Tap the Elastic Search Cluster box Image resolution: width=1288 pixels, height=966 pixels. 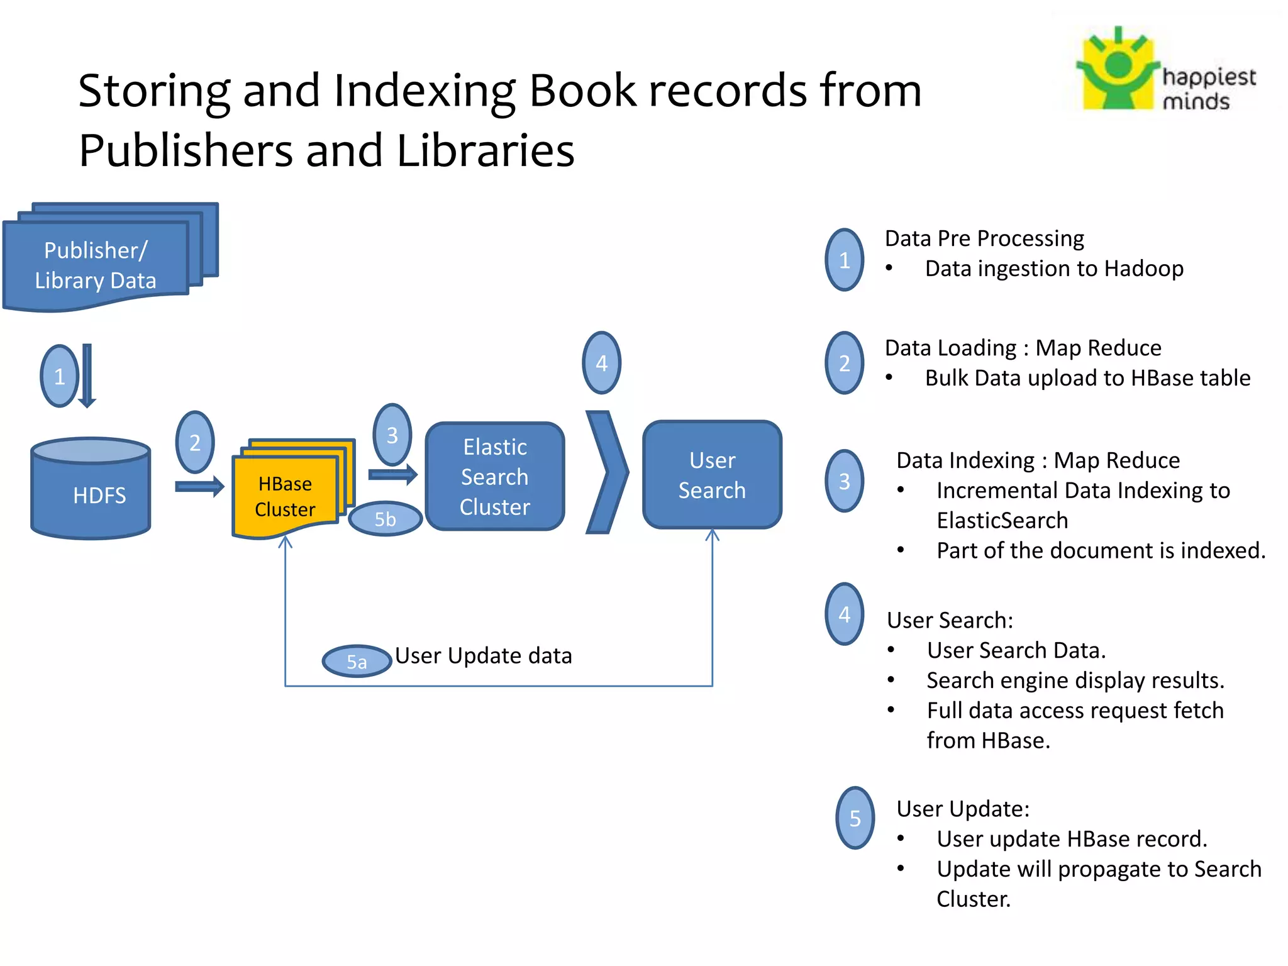pyautogui.click(x=495, y=476)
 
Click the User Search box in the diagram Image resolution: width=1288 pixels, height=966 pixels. pyautogui.click(x=712, y=475)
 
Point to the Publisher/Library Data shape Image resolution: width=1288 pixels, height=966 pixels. pyautogui.click(x=96, y=264)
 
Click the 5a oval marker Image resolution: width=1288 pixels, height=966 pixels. pyautogui.click(x=357, y=661)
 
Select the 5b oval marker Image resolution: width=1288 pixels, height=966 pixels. pyautogui.click(x=385, y=519)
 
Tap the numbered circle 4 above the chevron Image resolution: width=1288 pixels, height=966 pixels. pyautogui.click(x=601, y=363)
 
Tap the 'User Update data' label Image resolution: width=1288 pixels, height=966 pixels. pyautogui.click(x=483, y=655)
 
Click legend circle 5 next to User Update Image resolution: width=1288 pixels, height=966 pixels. pyautogui.click(x=855, y=818)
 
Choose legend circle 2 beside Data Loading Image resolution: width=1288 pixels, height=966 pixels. pyautogui.click(x=844, y=363)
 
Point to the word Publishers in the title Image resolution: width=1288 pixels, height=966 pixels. pyautogui.click(x=186, y=151)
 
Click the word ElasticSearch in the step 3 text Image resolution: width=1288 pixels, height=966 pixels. pyautogui.click(x=1002, y=520)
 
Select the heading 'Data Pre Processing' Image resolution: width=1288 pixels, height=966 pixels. pyautogui.click(x=984, y=238)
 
